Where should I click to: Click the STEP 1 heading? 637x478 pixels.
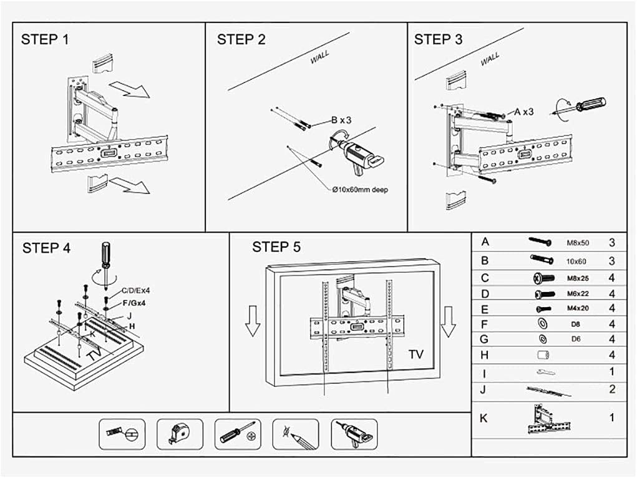pyautogui.click(x=46, y=39)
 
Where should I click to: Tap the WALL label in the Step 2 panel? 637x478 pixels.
pyautogui.click(x=320, y=58)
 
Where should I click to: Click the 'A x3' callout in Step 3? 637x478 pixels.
pyautogui.click(x=523, y=112)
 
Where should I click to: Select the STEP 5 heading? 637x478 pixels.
pyautogui.click(x=276, y=247)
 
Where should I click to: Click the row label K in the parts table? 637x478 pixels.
pyautogui.click(x=484, y=418)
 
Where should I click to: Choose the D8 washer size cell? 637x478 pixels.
pyautogui.click(x=576, y=324)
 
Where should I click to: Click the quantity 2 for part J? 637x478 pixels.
pyautogui.click(x=612, y=389)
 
